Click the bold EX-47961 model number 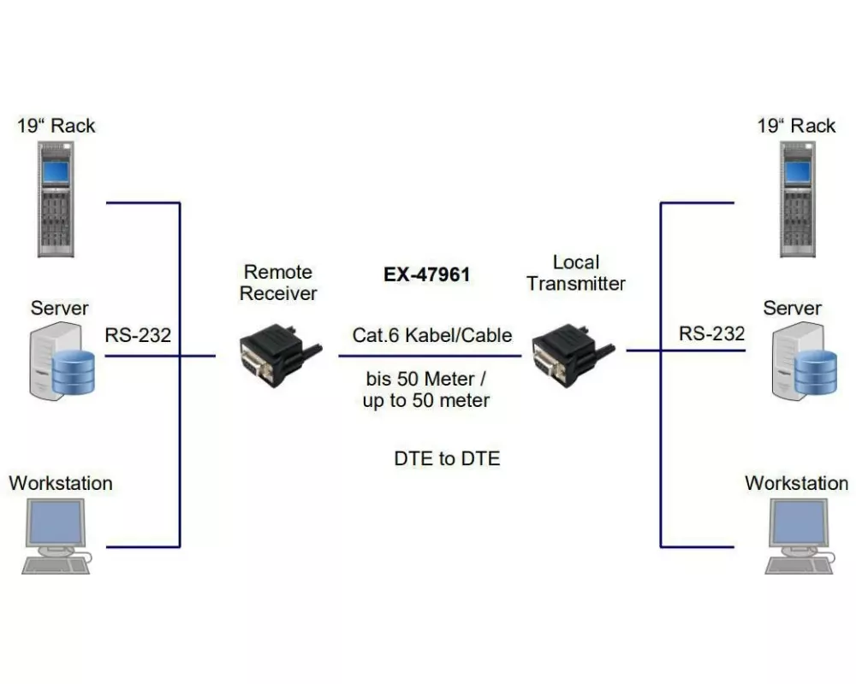pyautogui.click(x=427, y=276)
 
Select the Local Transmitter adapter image pyautogui.click(x=569, y=351)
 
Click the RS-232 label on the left pyautogui.click(x=138, y=335)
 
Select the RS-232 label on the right pyautogui.click(x=711, y=333)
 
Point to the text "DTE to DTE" pyautogui.click(x=447, y=458)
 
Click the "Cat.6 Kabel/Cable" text pyautogui.click(x=432, y=334)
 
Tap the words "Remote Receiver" pyautogui.click(x=278, y=283)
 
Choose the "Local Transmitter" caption pyautogui.click(x=576, y=273)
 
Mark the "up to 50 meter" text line pyautogui.click(x=426, y=400)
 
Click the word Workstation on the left pyautogui.click(x=61, y=483)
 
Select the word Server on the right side pyautogui.click(x=792, y=308)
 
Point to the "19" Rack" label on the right pyautogui.click(x=796, y=126)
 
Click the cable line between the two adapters pyautogui.click(x=428, y=355)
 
